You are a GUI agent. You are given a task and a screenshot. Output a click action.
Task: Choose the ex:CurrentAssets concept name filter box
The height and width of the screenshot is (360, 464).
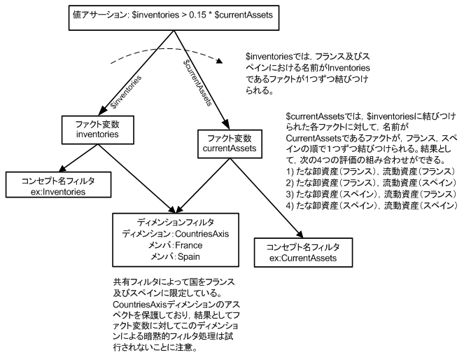tap(304, 254)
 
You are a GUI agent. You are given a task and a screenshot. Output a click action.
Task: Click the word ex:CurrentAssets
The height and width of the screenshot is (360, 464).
tap(304, 258)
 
